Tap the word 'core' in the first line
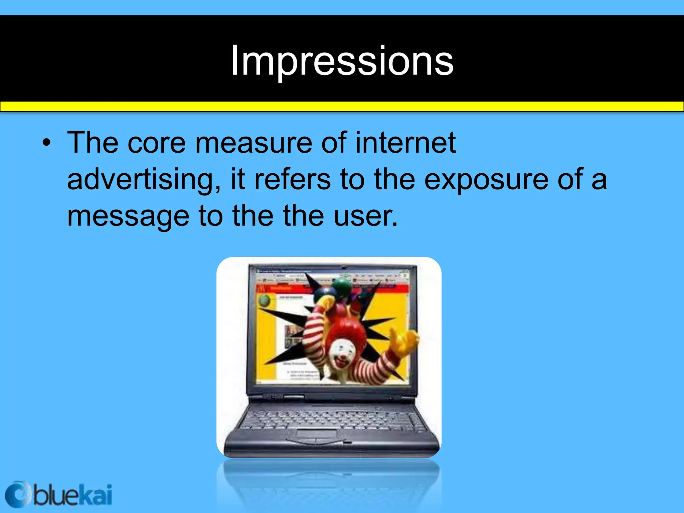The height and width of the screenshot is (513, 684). (156, 143)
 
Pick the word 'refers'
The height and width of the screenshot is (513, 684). (293, 180)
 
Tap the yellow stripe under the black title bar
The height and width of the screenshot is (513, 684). (342, 106)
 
